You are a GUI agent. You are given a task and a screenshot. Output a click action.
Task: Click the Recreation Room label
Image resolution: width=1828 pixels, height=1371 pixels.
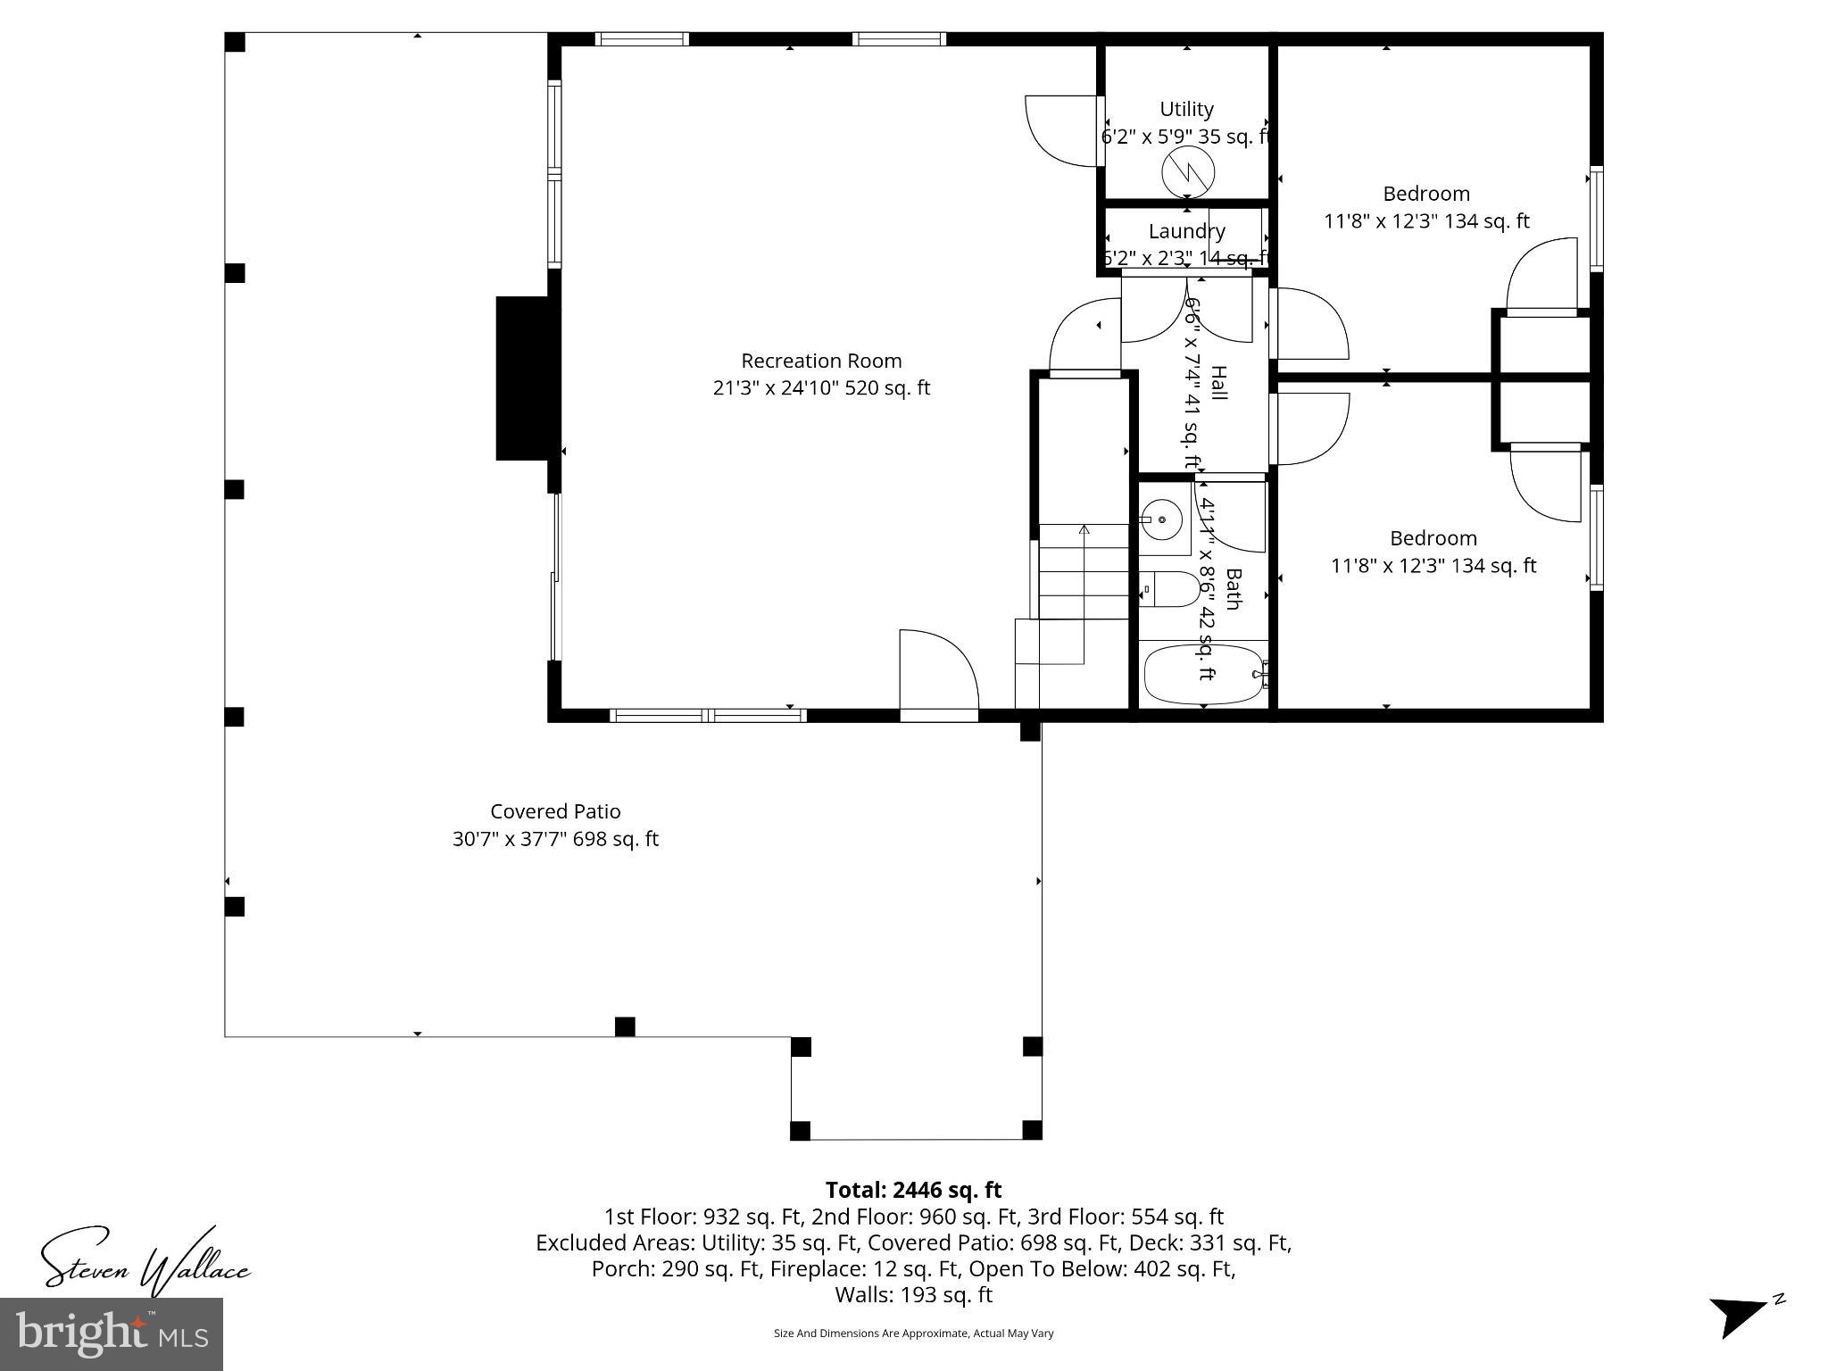click(x=821, y=361)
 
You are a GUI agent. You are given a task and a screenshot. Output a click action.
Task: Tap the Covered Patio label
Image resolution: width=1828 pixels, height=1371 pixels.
click(x=555, y=811)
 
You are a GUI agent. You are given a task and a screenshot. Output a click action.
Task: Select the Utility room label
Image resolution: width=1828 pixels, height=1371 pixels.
click(x=1186, y=109)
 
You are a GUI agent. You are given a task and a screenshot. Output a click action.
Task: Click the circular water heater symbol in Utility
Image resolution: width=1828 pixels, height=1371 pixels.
click(x=1188, y=172)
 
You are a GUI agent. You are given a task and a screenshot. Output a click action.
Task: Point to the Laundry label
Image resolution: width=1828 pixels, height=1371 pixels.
click(x=1186, y=231)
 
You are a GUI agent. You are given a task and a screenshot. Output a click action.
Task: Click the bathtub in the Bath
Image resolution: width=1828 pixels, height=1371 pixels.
click(x=1203, y=675)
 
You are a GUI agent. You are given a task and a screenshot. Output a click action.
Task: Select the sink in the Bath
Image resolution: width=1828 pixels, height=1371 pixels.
click(x=1163, y=519)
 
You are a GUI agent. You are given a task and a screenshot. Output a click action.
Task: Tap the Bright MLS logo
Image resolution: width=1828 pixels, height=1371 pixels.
click(x=111, y=1334)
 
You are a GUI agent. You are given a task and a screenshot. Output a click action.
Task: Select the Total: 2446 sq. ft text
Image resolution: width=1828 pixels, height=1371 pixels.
click(x=913, y=1190)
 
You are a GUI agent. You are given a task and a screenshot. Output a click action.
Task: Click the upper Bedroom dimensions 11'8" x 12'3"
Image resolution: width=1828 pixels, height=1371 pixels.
click(x=1425, y=221)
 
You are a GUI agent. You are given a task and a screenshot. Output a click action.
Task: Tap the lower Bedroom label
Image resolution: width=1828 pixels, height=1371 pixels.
click(x=1433, y=538)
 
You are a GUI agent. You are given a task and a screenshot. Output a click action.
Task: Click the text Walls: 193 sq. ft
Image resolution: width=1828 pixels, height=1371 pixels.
click(x=913, y=1294)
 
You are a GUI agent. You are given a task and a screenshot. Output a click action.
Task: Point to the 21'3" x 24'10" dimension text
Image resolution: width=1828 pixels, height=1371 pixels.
click(x=821, y=388)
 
